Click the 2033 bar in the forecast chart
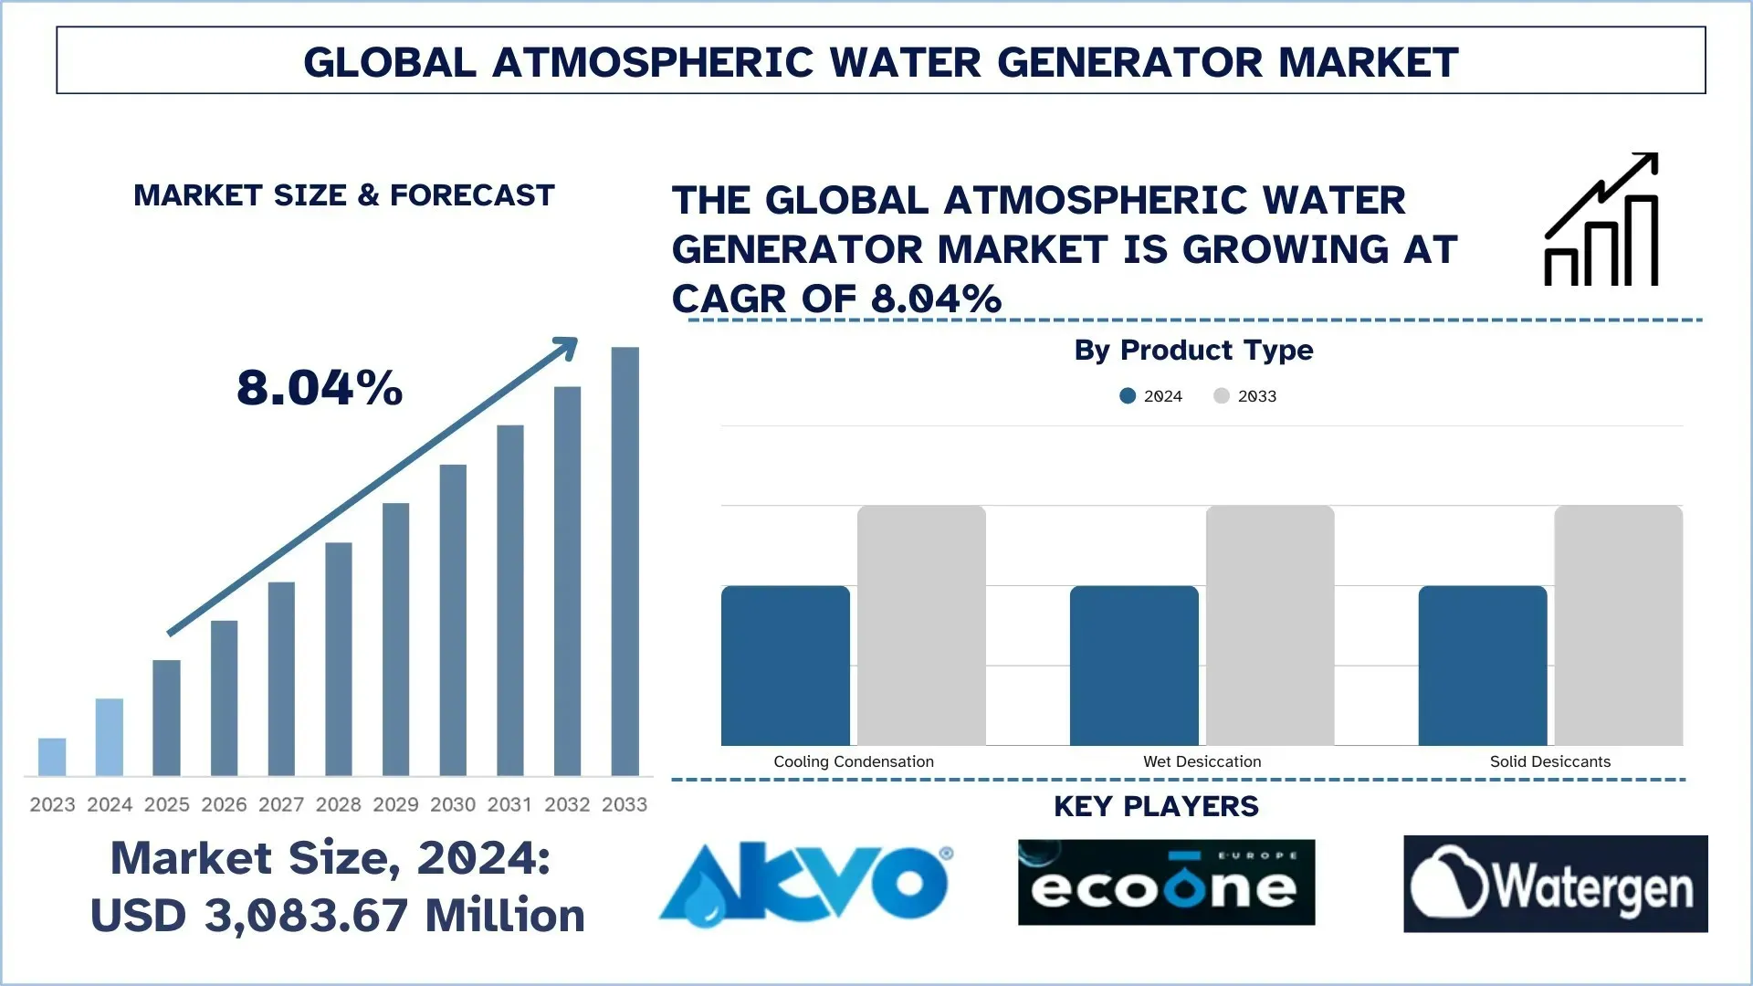click(x=625, y=561)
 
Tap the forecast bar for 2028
click(x=338, y=658)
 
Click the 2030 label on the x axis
click(x=453, y=804)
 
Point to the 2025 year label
click(x=166, y=804)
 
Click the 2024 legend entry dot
click(x=1128, y=396)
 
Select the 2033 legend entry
click(x=1245, y=396)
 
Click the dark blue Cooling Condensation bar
click(x=785, y=666)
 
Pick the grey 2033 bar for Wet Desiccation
click(x=1269, y=625)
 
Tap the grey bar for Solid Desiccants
click(x=1618, y=625)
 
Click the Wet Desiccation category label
click(x=1202, y=761)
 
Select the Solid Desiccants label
click(x=1549, y=761)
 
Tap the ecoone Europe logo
click(x=1166, y=883)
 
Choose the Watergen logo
click(x=1555, y=884)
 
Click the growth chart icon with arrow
click(x=1601, y=220)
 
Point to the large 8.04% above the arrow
click(x=320, y=388)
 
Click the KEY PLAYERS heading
click(x=1156, y=806)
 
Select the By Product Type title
click(x=1193, y=351)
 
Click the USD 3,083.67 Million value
click(x=338, y=916)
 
